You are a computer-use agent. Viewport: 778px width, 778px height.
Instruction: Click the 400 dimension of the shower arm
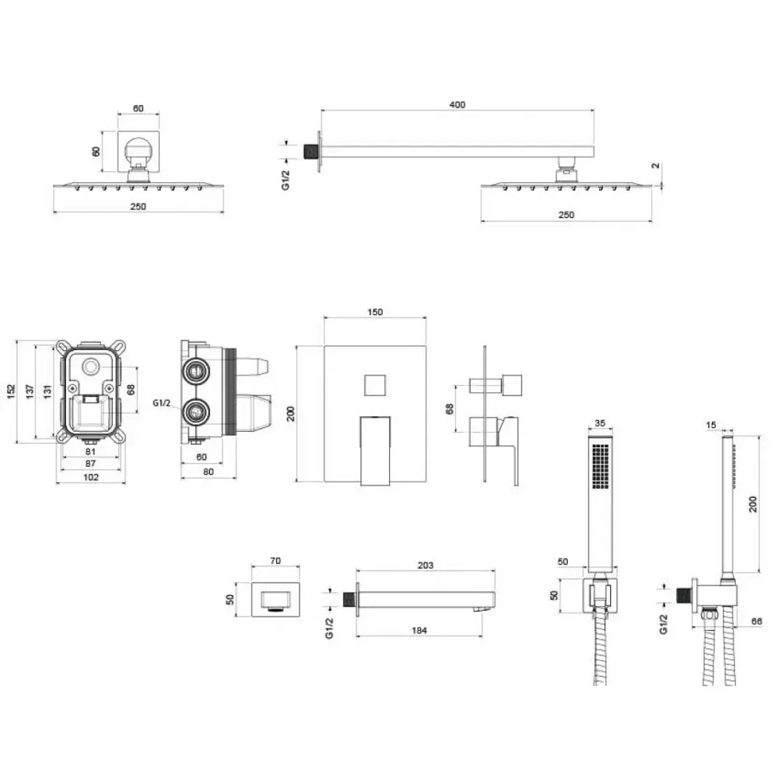[x=457, y=105]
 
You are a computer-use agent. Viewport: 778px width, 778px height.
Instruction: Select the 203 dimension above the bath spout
[x=426, y=565]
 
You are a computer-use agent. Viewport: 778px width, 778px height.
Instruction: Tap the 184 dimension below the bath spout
[x=419, y=630]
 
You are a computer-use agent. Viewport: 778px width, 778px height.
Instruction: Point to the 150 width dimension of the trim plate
[x=375, y=312]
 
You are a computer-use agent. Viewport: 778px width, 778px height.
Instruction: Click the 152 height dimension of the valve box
[x=12, y=391]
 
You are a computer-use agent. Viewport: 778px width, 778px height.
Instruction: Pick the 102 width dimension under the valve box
[x=91, y=477]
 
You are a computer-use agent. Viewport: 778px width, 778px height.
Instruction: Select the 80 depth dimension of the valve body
[x=209, y=471]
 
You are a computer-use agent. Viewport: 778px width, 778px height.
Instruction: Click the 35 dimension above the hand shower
[x=600, y=423]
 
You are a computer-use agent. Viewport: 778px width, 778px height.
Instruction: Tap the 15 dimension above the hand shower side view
[x=711, y=425]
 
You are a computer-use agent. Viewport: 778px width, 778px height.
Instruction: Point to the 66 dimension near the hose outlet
[x=756, y=621]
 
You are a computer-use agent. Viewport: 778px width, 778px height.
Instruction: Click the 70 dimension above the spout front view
[x=275, y=561]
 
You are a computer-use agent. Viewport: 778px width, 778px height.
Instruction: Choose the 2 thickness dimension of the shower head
[x=655, y=166]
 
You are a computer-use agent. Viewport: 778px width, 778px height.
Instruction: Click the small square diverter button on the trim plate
[x=375, y=385]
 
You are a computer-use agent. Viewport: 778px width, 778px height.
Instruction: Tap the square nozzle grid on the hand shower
[x=601, y=466]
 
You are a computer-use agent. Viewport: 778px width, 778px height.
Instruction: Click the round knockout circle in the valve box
[x=90, y=367]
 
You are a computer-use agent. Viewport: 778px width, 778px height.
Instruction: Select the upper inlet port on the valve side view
[x=195, y=370]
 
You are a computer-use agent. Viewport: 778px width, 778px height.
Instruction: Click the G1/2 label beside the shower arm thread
[x=286, y=180]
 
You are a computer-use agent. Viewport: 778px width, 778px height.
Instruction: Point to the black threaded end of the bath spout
[x=350, y=599]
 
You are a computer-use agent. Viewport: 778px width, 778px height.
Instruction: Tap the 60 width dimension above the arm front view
[x=138, y=108]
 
